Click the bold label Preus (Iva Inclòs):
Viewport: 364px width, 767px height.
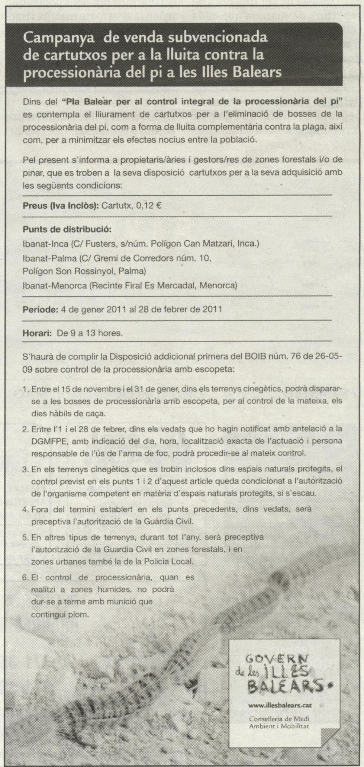[x=61, y=206]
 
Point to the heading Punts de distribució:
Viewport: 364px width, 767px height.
[x=67, y=229]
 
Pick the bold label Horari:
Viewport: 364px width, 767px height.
[x=37, y=333]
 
